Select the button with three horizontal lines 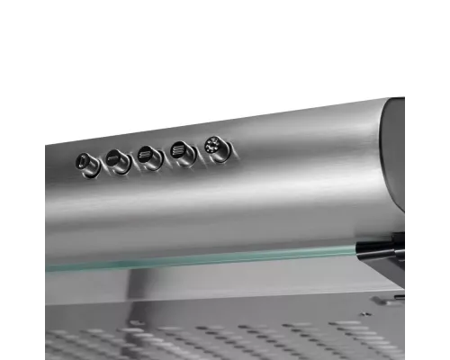pos(183,150)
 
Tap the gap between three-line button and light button pos(199,148)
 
